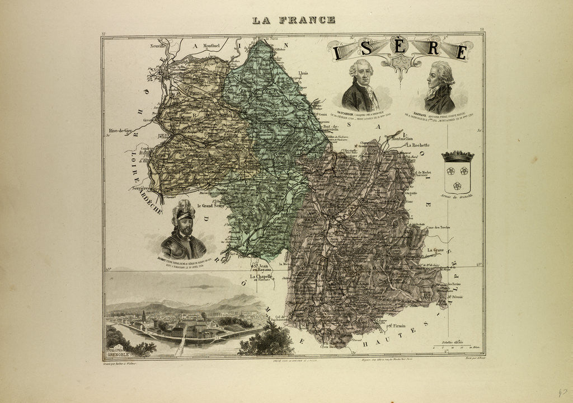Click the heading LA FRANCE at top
pos(294,20)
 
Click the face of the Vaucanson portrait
pos(361,73)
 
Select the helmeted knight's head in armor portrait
pos(184,221)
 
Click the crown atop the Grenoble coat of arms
pos(457,156)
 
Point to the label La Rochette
pos(417,145)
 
